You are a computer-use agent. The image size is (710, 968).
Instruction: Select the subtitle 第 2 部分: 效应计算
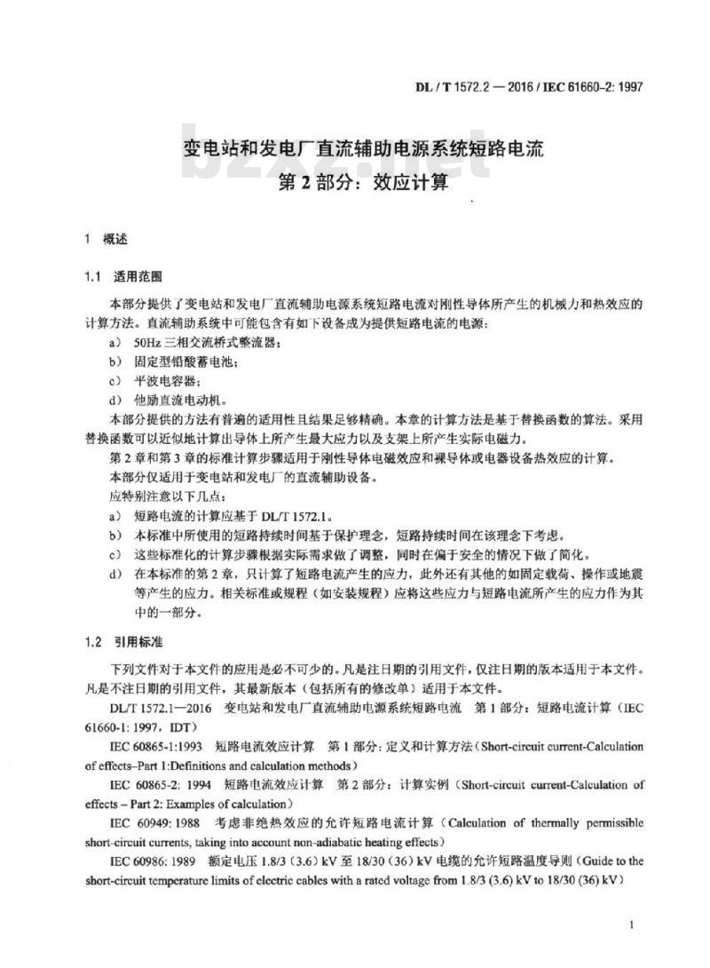coord(364,184)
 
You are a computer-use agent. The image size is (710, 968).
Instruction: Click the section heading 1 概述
coord(106,239)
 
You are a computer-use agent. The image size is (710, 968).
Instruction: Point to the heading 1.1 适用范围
coord(124,276)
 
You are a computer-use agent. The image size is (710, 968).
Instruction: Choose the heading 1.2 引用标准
coord(124,640)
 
